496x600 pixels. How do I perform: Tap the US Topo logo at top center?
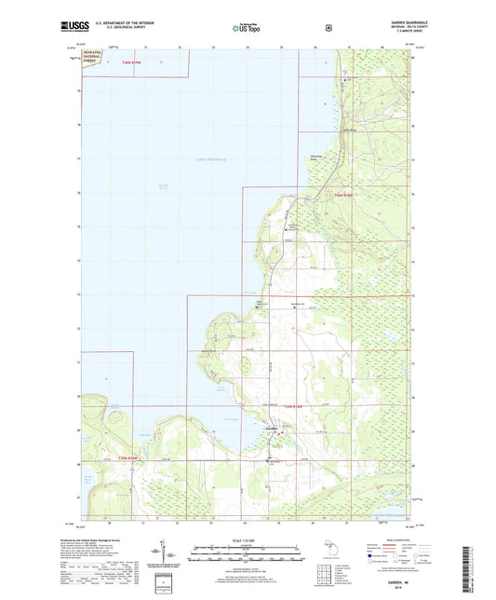click(x=247, y=29)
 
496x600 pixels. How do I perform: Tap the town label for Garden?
click(x=272, y=428)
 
